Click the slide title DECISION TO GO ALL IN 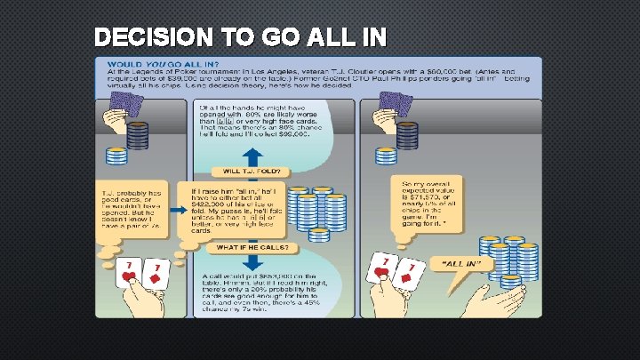click(x=240, y=37)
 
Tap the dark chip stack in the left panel click(x=138, y=135)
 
